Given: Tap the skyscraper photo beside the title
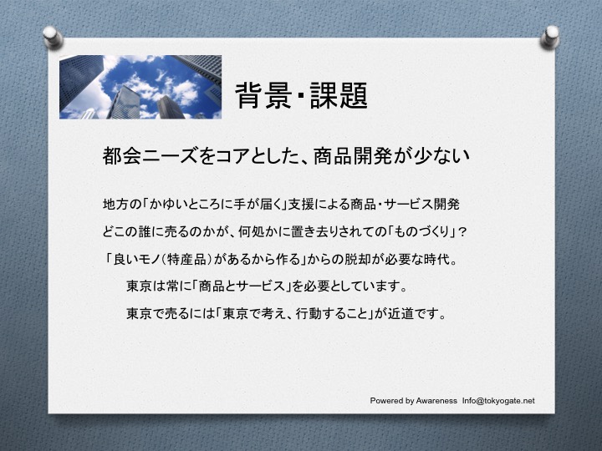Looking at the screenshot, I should (140, 87).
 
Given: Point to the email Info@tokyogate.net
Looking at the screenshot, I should (498, 401).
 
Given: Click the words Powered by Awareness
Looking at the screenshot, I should (414, 401).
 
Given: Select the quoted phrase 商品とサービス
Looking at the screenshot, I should (242, 286).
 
